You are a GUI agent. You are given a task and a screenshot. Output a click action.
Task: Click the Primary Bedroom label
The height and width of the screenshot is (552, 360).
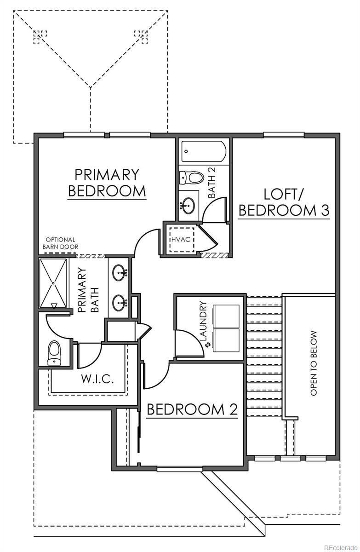tap(107, 183)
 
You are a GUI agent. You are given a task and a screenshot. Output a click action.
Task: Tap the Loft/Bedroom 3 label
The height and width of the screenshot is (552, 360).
tap(285, 202)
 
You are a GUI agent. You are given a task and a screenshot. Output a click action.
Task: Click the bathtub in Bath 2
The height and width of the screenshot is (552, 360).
tap(204, 151)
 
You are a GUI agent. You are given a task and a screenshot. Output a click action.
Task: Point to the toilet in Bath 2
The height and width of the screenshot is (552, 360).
tap(191, 177)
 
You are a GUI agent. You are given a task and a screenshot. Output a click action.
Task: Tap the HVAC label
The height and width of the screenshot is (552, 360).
tap(181, 240)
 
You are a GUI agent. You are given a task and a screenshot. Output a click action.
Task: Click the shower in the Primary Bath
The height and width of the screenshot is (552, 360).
tap(53, 284)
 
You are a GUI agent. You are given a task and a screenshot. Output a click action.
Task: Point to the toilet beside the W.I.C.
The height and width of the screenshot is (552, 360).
tap(54, 352)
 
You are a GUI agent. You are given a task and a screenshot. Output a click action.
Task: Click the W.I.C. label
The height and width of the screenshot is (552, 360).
tap(97, 379)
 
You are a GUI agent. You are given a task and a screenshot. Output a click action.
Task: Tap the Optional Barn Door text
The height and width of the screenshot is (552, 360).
tap(59, 243)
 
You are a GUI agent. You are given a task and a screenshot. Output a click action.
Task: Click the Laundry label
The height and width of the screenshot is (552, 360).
tap(204, 321)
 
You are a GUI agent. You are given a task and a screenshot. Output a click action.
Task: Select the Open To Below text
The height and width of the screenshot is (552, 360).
tap(314, 363)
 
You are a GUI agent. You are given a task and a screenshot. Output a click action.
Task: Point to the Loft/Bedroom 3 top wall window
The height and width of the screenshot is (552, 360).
tap(283, 135)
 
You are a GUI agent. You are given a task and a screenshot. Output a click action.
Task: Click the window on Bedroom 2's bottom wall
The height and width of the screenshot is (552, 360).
tap(179, 469)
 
